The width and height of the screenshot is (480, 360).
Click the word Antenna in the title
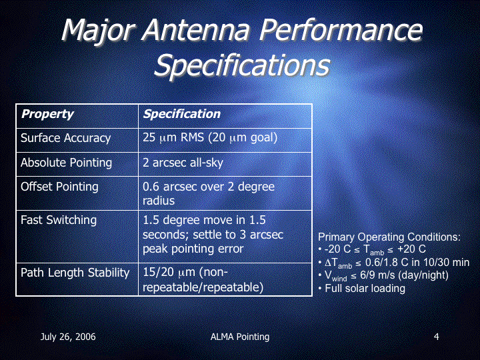195,30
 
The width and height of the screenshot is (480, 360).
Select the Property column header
47,114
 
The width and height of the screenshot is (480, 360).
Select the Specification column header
182,114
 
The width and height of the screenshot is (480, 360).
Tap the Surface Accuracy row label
65,138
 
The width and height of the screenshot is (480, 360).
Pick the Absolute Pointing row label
66,163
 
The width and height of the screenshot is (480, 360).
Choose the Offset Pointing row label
59,187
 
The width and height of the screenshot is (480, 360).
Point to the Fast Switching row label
59,220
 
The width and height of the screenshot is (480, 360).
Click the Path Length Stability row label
75,273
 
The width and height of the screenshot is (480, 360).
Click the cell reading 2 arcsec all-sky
183,163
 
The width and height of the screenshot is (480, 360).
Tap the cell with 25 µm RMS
210,138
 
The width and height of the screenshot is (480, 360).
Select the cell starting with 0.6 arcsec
209,193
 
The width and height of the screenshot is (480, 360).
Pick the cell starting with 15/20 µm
203,280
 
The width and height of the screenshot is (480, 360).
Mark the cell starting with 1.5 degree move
213,235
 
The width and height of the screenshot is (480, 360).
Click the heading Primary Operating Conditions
389,237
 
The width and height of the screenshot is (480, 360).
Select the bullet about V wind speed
383,275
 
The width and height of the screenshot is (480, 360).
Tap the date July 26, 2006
68,337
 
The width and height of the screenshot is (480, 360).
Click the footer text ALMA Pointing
240,337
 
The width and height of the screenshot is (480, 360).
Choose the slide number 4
436,337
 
